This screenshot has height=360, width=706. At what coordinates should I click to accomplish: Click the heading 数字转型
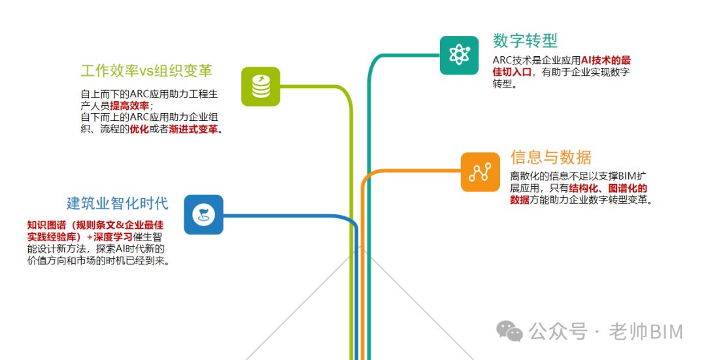[525, 41]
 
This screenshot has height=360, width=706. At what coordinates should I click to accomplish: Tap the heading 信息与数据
[550, 157]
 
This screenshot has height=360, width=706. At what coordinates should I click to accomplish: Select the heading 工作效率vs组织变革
[146, 71]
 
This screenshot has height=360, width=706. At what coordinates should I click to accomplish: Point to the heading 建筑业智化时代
[118, 203]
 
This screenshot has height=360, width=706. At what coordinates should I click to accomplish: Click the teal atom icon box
[460, 56]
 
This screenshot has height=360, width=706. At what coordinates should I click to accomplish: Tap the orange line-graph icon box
[480, 172]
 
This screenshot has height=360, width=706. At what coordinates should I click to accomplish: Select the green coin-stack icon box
[261, 86]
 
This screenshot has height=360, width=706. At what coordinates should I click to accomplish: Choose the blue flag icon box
[203, 215]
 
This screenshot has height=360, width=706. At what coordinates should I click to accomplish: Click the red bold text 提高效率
[129, 106]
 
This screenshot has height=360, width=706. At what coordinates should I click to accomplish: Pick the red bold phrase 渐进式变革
[193, 129]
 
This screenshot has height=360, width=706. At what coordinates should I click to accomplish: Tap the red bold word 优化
[140, 129]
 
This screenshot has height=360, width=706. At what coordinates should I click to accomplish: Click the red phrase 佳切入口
[513, 72]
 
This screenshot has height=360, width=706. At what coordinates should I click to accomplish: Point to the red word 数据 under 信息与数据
[520, 200]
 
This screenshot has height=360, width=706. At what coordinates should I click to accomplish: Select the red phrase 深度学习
[113, 237]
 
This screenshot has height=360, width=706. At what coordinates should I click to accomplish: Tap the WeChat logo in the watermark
[509, 331]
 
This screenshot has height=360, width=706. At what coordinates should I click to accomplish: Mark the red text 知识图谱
[46, 225]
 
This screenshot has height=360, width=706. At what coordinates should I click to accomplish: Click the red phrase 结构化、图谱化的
[608, 188]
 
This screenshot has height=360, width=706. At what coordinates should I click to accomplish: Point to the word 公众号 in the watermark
[558, 332]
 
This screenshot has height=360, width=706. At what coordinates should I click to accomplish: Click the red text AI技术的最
[606, 60]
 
